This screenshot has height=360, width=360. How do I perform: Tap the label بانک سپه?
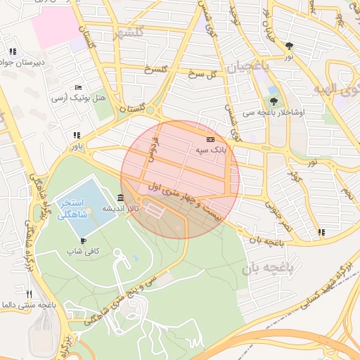210,150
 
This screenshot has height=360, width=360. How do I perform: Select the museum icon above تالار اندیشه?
122,198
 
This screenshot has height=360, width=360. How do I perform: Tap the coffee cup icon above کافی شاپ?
84,240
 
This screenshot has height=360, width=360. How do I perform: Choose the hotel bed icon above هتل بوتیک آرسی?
77,86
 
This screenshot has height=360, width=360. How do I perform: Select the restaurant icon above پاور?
76,136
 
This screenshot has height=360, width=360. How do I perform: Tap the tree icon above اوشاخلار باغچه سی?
274,101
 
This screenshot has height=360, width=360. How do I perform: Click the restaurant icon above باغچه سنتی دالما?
29,294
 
